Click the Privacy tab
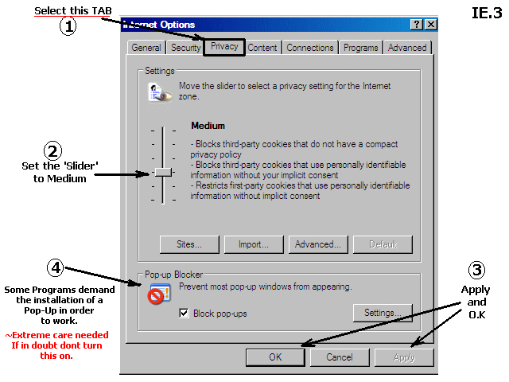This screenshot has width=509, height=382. pos(224,47)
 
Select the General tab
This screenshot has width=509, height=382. pos(146,48)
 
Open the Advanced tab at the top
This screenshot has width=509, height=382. pos(407,48)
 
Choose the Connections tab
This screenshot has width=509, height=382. pos(310,48)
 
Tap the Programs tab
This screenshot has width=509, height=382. pos(360,48)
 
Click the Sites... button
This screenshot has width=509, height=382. pos(189,244)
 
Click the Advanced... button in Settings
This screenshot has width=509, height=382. pos(318,244)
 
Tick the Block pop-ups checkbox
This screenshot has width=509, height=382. pos(184,313)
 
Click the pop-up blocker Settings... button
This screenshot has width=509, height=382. pos(383,313)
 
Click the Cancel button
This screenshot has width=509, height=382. pos(340,357)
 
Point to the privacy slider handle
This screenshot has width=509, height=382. pos(163,172)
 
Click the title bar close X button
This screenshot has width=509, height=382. pos(431,25)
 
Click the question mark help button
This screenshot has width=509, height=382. pos(417,25)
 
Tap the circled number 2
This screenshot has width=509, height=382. pos(52,151)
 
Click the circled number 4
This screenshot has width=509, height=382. pos(56,268)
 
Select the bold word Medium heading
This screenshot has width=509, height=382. pos(208,126)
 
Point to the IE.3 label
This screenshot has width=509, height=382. pos(487,13)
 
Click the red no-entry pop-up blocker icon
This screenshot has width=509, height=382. pos(156,296)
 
